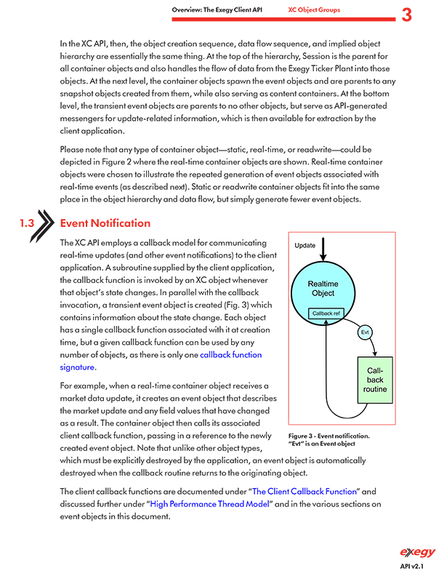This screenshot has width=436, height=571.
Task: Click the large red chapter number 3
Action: [407, 14]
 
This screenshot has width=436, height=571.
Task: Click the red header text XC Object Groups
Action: [313, 10]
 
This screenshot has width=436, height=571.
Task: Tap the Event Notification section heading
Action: [105, 223]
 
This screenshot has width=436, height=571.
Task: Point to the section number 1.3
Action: [28, 224]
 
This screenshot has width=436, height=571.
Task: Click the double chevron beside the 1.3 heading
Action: [47, 224]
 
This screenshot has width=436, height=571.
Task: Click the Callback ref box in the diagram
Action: [326, 314]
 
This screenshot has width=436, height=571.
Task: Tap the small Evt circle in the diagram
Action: [366, 333]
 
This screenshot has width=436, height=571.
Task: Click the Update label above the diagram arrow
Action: [305, 245]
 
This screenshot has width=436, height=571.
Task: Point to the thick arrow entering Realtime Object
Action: [323, 255]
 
